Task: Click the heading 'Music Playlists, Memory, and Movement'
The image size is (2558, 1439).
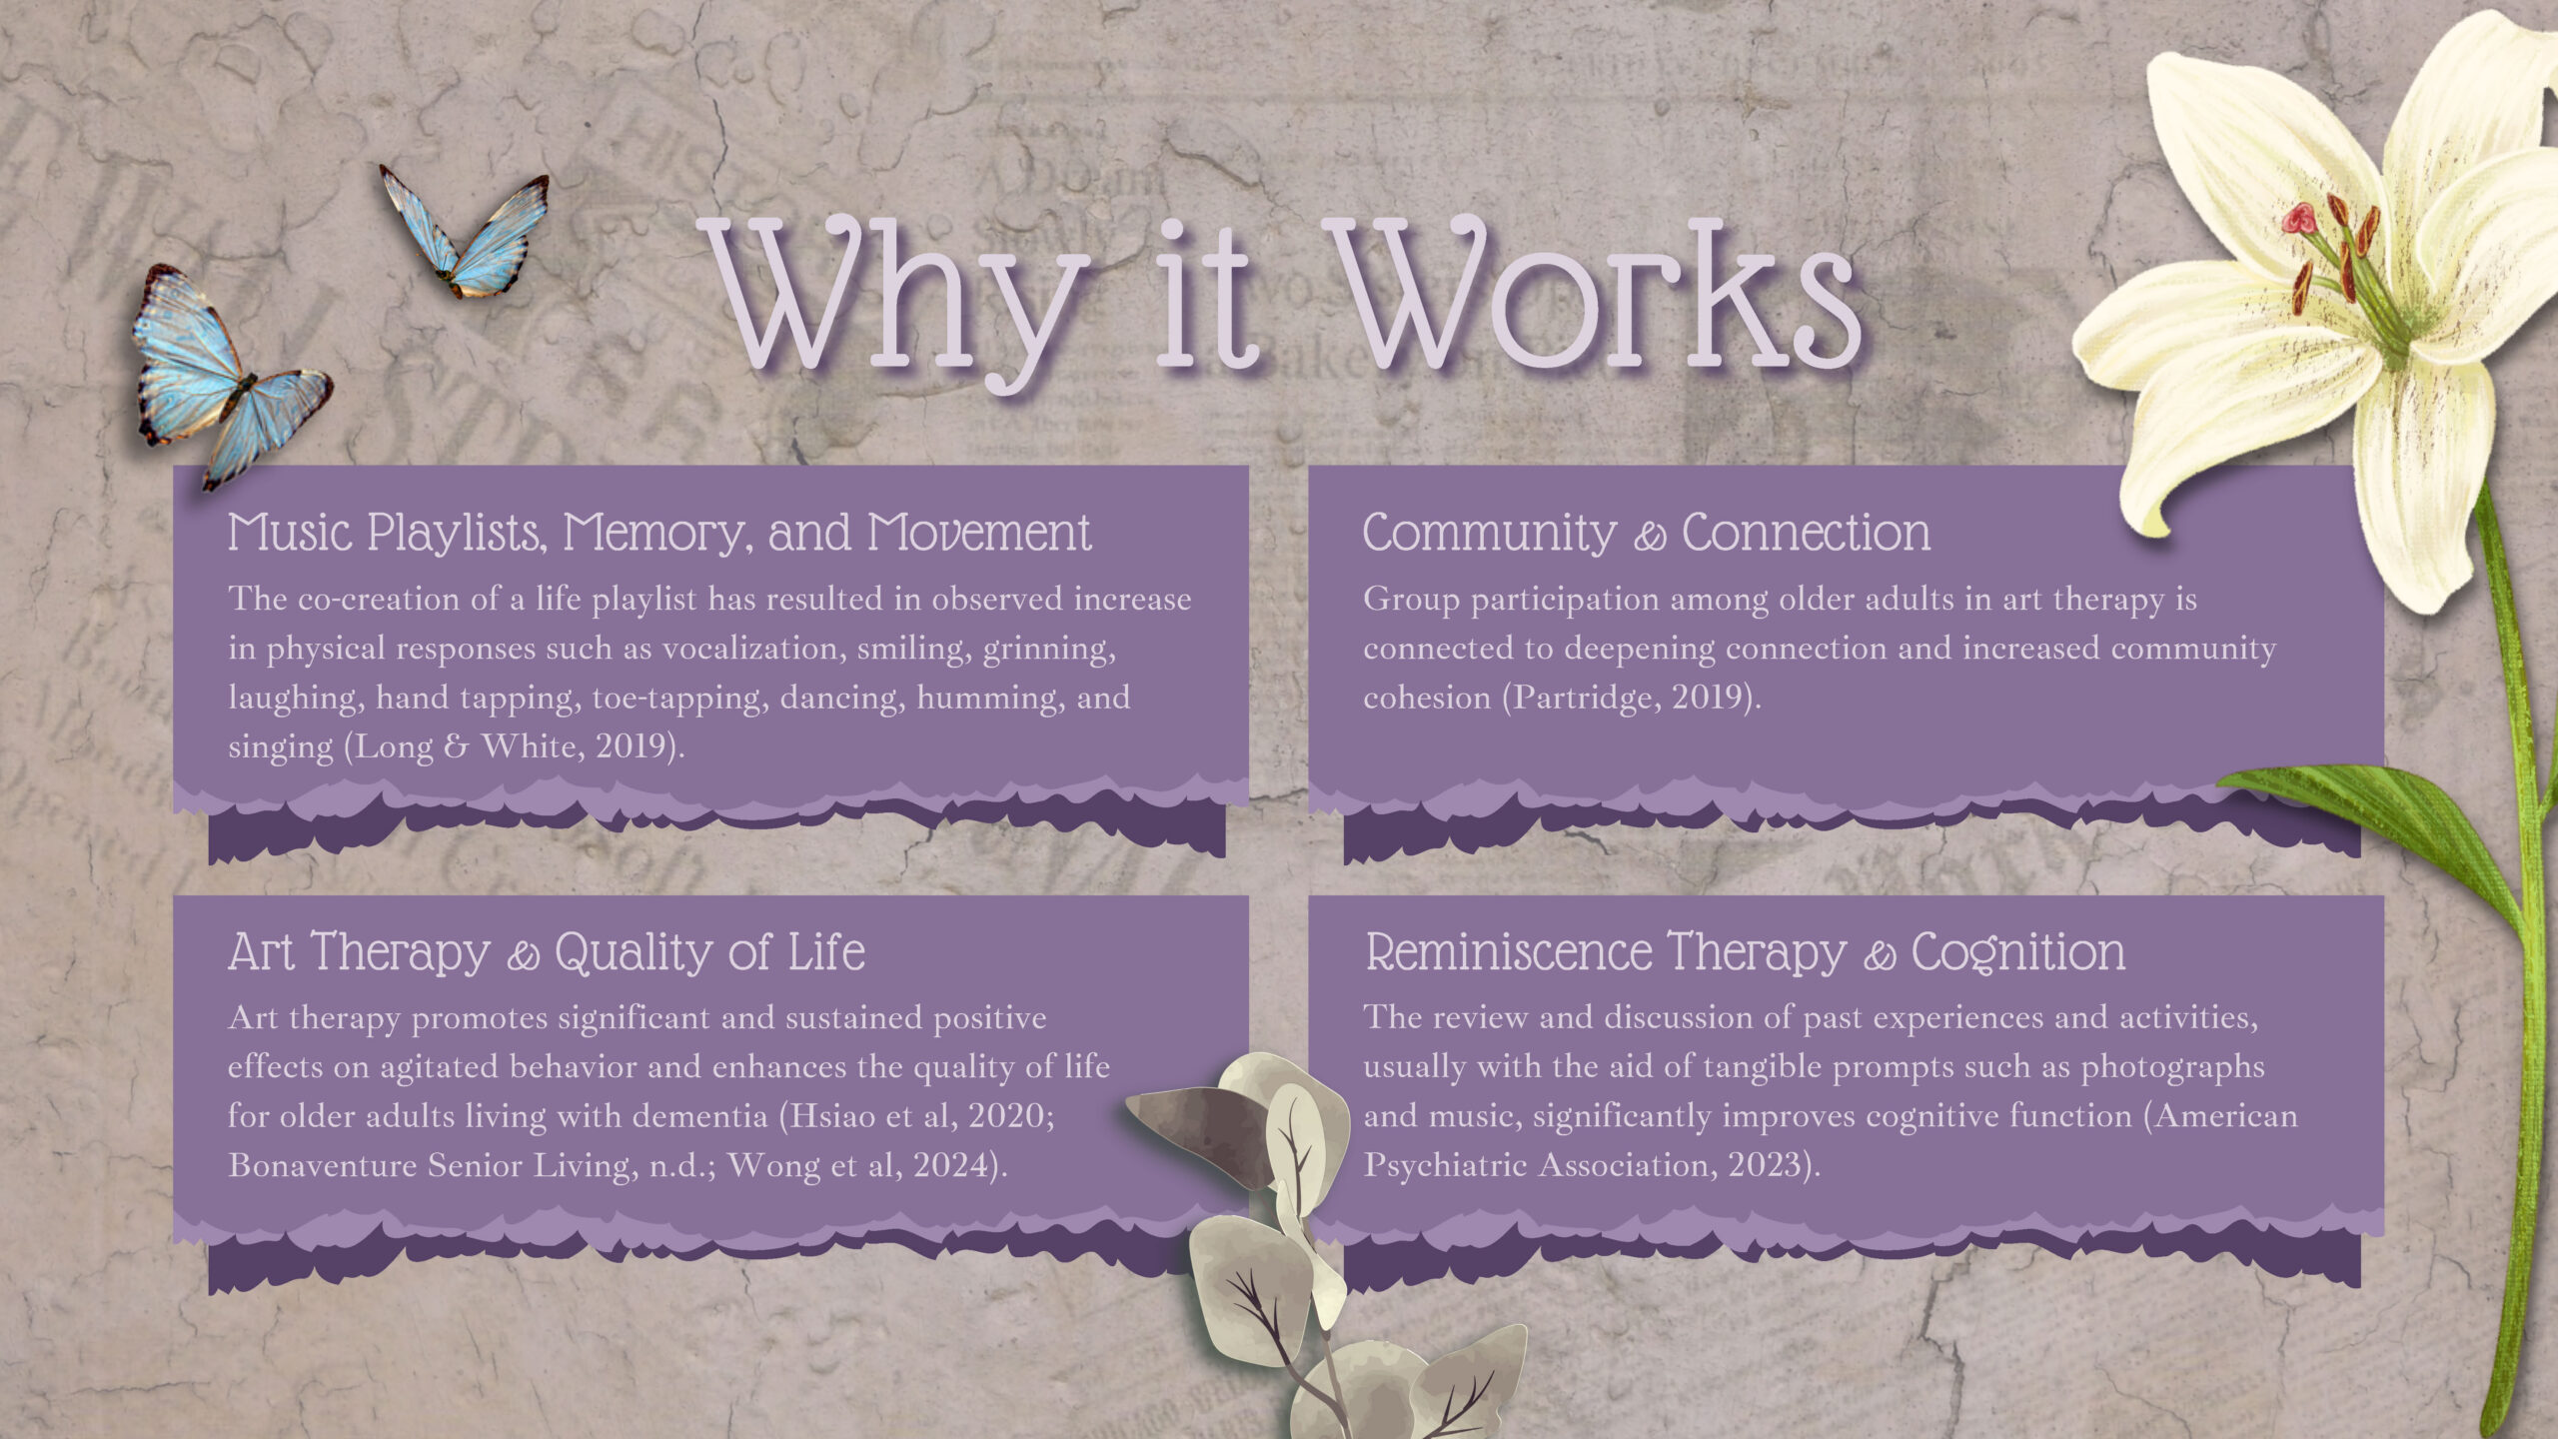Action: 659,533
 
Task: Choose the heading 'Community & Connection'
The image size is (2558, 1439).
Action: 1647,533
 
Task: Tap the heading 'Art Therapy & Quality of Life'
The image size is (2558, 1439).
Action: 547,952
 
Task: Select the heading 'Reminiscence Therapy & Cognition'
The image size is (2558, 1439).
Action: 1745,952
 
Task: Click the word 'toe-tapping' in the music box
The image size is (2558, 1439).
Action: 679,698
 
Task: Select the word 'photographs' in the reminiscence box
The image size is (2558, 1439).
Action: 2172,1067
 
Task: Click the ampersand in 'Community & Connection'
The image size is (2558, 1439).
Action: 1650,538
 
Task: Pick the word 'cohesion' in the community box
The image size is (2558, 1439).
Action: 1427,698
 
